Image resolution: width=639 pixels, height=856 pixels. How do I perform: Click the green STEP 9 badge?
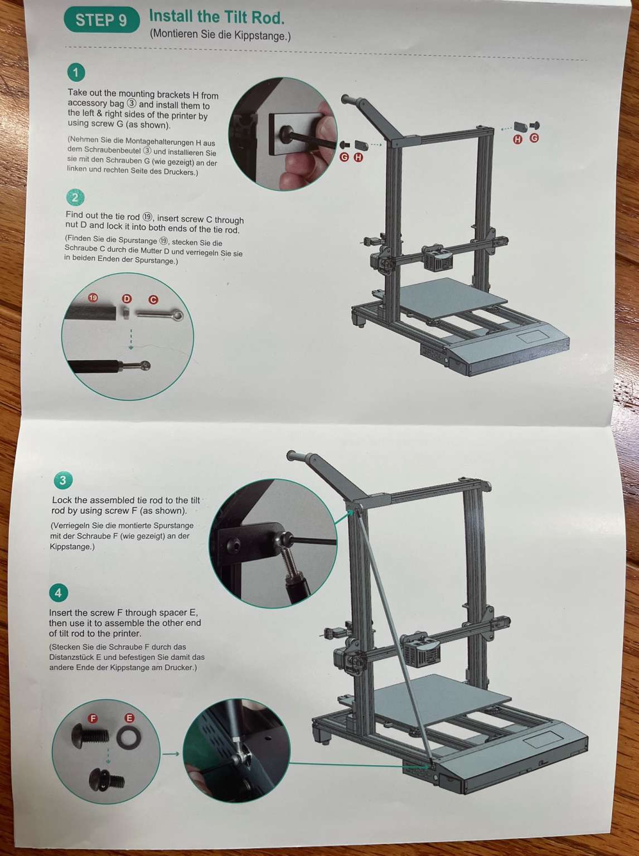[101, 20]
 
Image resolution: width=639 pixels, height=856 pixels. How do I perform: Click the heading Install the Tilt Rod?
[216, 17]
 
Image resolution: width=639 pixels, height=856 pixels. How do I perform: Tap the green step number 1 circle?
[76, 72]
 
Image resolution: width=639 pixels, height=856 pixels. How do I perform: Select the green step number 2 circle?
[75, 197]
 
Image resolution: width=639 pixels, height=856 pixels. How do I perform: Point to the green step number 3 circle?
[62, 480]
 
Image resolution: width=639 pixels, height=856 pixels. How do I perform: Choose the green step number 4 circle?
[58, 592]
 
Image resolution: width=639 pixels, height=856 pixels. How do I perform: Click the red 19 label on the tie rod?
[93, 298]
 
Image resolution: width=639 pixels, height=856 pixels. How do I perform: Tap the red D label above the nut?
[127, 299]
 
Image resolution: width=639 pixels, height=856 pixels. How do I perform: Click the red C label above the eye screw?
[153, 300]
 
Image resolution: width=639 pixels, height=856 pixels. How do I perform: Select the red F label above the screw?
[93, 718]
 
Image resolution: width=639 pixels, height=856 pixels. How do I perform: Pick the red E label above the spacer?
[129, 718]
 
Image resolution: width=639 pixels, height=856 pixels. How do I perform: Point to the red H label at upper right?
[517, 139]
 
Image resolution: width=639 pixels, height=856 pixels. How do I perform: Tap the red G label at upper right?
[534, 138]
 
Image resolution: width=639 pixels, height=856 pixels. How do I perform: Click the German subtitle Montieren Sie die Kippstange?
[220, 35]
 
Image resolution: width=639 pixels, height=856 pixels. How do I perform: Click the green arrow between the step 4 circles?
[171, 754]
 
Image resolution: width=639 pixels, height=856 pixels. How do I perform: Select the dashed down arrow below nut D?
[131, 339]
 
